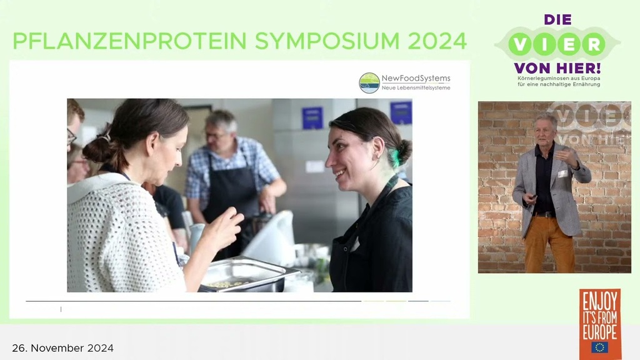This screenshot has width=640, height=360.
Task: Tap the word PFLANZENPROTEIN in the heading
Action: click(x=130, y=41)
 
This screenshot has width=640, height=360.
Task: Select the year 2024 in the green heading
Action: click(x=437, y=41)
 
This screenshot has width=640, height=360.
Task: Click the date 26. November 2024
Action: click(x=63, y=348)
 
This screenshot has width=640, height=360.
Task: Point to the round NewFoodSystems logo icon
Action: click(x=369, y=83)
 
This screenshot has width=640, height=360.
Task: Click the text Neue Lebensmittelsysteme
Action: click(x=416, y=87)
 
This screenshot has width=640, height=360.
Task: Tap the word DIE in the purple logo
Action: click(x=557, y=19)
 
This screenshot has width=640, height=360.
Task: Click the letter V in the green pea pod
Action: click(x=520, y=44)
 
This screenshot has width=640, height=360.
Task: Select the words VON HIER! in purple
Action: click(x=557, y=67)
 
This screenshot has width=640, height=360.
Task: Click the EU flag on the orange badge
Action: click(x=599, y=347)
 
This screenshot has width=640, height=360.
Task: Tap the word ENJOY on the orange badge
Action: click(x=599, y=302)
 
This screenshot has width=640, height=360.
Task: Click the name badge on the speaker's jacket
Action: click(x=563, y=174)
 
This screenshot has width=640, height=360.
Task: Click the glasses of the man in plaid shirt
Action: click(x=215, y=135)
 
